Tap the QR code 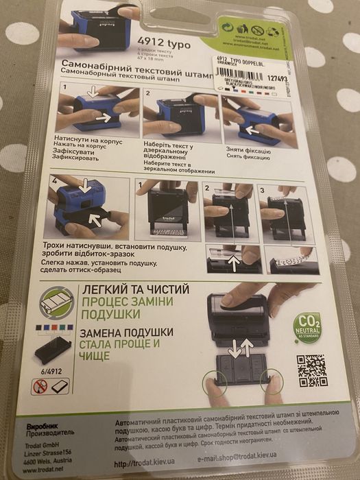[x=311, y=371]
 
